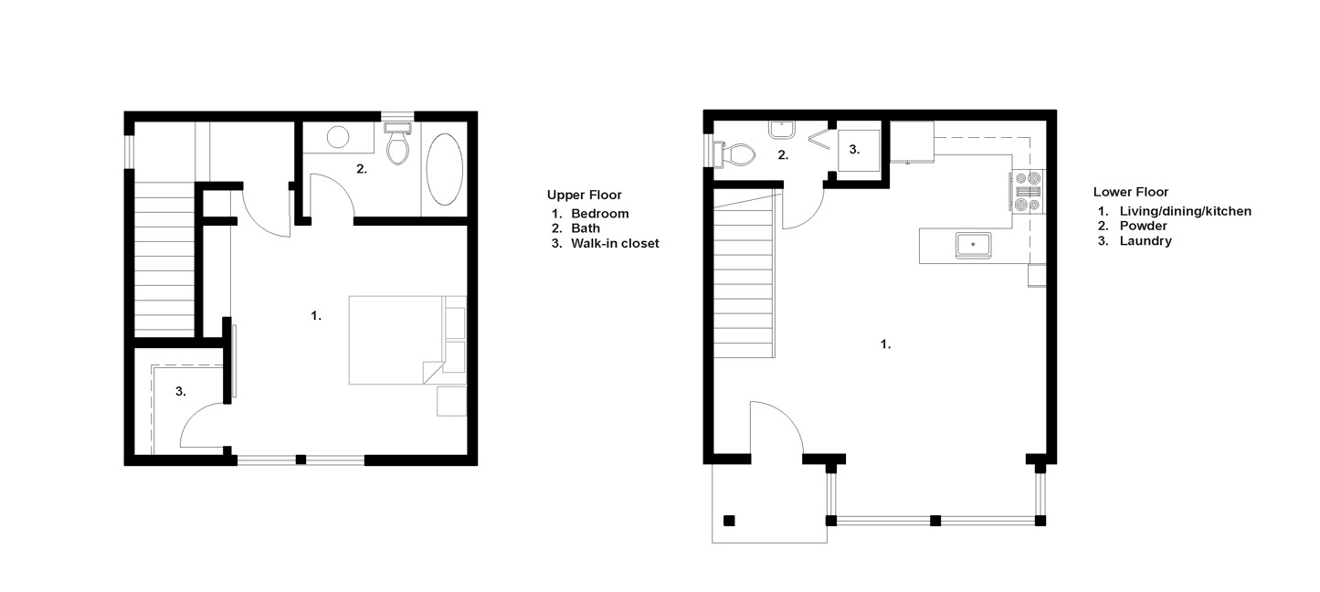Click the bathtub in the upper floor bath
pyautogui.click(x=444, y=170)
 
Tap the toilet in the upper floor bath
pyautogui.click(x=397, y=143)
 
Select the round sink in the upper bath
pyautogui.click(x=338, y=137)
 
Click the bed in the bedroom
pyautogui.click(x=396, y=341)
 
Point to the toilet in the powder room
pyautogui.click(x=734, y=154)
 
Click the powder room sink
pyautogui.click(x=782, y=130)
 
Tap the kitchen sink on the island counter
pyautogui.click(x=974, y=245)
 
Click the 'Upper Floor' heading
pyautogui.click(x=584, y=195)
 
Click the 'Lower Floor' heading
pyautogui.click(x=1130, y=192)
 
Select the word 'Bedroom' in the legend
pyautogui.click(x=600, y=214)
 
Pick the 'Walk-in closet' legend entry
pyautogui.click(x=615, y=243)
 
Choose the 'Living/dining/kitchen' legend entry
pyautogui.click(x=1186, y=211)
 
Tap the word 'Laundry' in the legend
pyautogui.click(x=1146, y=241)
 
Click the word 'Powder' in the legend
pyautogui.click(x=1143, y=226)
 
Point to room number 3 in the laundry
pyautogui.click(x=854, y=150)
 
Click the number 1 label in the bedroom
pyautogui.click(x=316, y=316)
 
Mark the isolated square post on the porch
pyautogui.click(x=729, y=521)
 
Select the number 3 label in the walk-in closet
pyautogui.click(x=180, y=391)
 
